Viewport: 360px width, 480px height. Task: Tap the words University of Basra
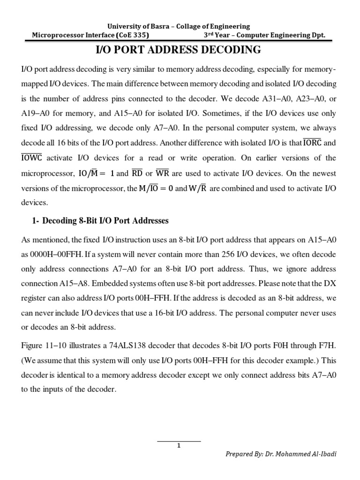[x=138, y=26]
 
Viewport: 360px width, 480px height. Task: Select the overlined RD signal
[x=137, y=173]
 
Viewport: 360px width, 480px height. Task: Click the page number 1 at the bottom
[x=179, y=446]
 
